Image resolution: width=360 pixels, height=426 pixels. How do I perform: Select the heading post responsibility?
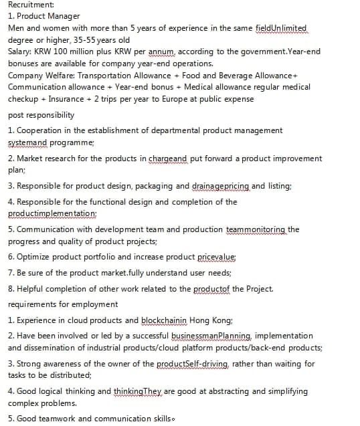coord(41,115)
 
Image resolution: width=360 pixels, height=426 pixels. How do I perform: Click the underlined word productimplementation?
coord(52,213)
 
